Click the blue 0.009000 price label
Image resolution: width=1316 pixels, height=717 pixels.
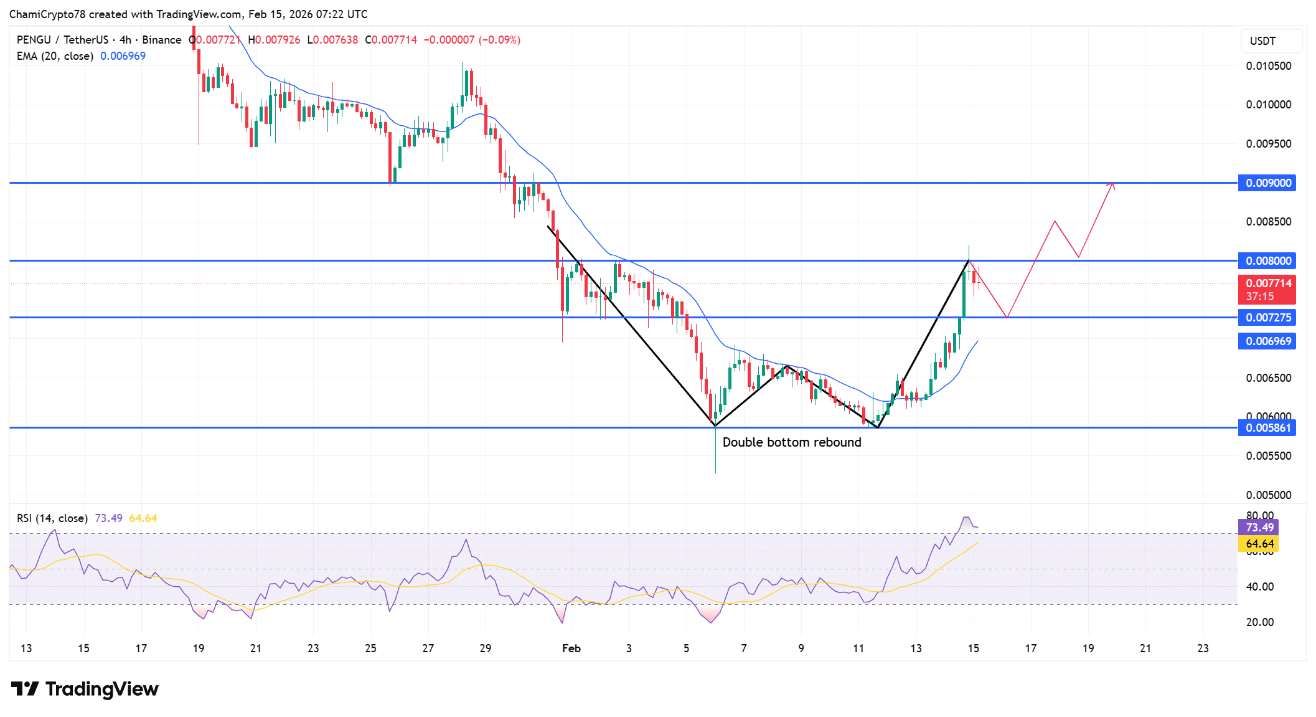point(1267,183)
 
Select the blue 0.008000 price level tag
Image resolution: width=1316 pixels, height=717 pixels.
point(1267,261)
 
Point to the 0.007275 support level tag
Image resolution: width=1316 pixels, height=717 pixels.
point(1267,318)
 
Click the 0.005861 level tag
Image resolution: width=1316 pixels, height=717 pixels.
point(1267,428)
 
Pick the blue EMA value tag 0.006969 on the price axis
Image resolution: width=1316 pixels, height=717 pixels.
point(1267,341)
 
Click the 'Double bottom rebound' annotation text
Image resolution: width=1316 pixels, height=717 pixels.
point(792,442)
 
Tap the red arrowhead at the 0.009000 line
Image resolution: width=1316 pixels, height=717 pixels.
point(1112,184)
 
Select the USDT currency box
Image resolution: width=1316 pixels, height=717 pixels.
point(1270,41)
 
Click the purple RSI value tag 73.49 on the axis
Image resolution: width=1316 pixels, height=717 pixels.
point(1259,528)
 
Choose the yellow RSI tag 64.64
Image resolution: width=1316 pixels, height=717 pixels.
point(1259,544)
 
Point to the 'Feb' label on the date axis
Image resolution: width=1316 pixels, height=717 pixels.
point(571,648)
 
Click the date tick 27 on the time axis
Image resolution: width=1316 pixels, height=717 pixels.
point(428,648)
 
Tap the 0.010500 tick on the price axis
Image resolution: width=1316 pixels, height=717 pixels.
point(1268,66)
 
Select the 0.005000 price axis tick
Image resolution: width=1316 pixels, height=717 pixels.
point(1268,495)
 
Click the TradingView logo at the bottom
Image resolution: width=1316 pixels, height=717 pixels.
point(85,689)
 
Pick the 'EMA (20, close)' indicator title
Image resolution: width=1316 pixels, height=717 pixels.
point(55,56)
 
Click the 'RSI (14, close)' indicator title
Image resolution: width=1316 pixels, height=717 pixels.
point(52,518)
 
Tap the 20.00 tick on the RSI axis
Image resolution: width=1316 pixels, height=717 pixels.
point(1259,622)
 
